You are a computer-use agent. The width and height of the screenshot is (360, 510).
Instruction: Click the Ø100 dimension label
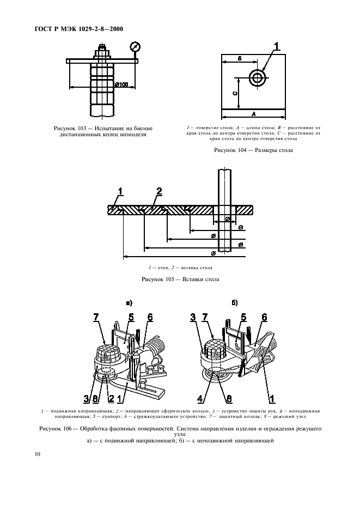coord(123,84)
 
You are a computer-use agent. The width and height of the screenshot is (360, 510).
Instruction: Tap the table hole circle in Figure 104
coord(257,77)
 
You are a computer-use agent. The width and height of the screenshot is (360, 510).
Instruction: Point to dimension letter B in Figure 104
coord(239,59)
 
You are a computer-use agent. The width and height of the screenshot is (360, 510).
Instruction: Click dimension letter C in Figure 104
coord(235,94)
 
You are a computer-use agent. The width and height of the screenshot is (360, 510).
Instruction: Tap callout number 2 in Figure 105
coord(159,191)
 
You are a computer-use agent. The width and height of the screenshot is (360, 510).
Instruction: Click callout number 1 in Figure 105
coord(121,191)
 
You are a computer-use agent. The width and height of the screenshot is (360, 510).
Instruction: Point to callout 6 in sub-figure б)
coord(264,317)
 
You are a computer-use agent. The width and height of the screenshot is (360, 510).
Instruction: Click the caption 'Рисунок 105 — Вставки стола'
coord(180,279)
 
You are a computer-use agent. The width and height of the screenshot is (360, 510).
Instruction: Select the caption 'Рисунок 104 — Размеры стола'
coord(253,150)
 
